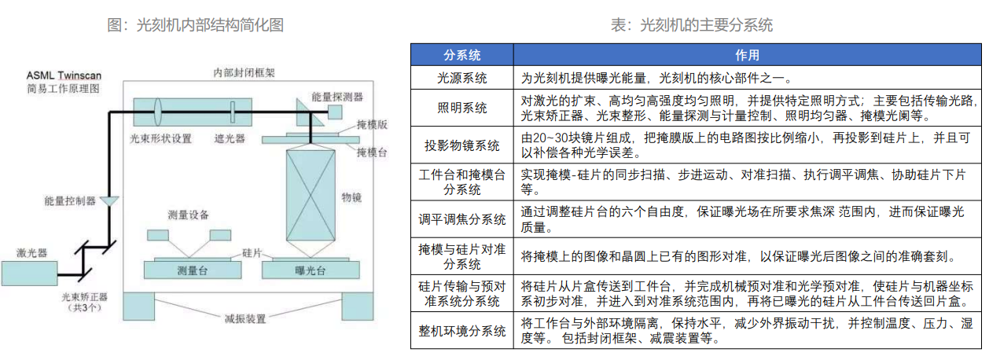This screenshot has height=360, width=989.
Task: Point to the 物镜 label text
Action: click(351, 197)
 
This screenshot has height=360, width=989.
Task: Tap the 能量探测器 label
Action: click(337, 97)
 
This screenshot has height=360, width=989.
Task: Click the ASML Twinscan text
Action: click(64, 75)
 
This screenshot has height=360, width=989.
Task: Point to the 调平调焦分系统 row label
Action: click(462, 219)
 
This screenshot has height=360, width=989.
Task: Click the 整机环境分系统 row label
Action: click(462, 331)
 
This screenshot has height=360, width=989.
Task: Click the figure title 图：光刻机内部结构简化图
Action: click(195, 25)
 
